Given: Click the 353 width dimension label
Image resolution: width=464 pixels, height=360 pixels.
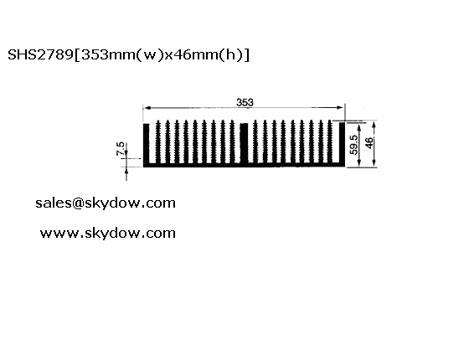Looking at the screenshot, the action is click(x=245, y=102).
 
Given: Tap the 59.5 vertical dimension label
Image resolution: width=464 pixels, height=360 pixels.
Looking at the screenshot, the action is click(x=353, y=145).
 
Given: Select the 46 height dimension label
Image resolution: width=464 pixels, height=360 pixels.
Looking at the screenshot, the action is click(x=369, y=143).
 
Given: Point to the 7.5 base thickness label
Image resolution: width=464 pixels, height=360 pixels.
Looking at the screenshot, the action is click(x=121, y=148).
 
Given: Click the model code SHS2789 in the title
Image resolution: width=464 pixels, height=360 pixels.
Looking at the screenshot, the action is click(x=40, y=54).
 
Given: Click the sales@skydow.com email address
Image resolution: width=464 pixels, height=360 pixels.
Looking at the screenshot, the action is click(x=106, y=203).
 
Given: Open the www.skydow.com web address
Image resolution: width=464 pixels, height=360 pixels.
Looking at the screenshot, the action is click(x=108, y=234).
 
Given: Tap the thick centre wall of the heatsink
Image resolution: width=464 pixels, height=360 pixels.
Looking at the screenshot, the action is click(x=244, y=143).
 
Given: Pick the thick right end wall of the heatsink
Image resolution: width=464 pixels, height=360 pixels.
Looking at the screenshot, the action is click(x=342, y=143).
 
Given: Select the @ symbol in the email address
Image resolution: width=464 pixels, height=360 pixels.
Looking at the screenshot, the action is click(x=78, y=203).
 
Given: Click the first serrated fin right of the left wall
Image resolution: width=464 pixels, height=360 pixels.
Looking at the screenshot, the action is click(x=158, y=141).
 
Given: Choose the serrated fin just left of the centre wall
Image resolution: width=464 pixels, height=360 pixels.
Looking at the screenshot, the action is click(x=232, y=141).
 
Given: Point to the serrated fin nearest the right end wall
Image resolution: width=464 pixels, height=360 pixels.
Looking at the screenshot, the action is click(x=330, y=141).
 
